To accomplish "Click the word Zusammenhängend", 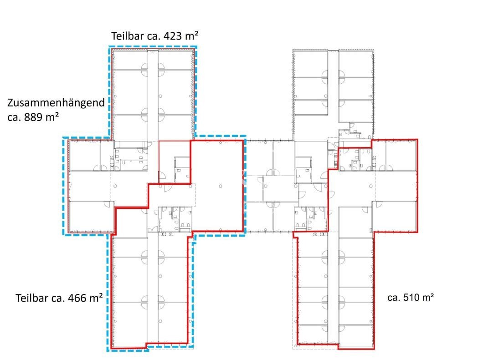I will click(x=56, y=102).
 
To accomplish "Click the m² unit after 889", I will click(x=50, y=117).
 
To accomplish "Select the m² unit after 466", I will click(x=95, y=298).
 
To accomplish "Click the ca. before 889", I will click(x=14, y=117).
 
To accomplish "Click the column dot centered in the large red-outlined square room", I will click(x=220, y=186).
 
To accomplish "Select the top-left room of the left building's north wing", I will click(x=130, y=60).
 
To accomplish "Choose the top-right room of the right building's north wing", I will click(x=355, y=64).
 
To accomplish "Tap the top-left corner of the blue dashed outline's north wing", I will click(x=109, y=46).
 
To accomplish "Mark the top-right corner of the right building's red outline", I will click(x=417, y=140).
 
